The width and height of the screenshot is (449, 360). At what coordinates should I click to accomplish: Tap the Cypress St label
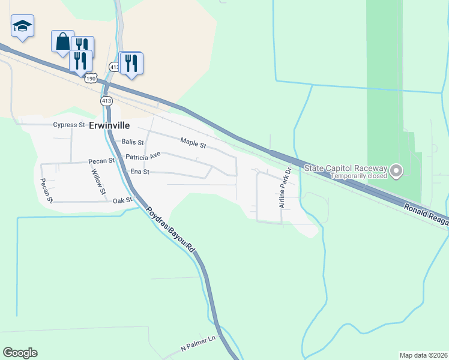69,125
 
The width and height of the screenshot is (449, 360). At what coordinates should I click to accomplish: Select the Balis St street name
133,143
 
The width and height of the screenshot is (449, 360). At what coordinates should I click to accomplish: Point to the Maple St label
193,145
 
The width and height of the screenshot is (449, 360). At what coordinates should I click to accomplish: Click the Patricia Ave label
143,156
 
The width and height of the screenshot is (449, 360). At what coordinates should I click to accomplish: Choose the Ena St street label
139,172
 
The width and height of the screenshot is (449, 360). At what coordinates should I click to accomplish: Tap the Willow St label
98,181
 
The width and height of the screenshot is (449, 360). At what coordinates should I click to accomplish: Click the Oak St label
122,200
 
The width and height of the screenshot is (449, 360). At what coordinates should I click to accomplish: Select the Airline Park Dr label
285,188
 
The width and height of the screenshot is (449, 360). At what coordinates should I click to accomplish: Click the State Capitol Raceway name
345,168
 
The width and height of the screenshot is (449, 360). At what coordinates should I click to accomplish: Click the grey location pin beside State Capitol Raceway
396,172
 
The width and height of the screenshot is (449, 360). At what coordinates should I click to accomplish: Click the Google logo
20,353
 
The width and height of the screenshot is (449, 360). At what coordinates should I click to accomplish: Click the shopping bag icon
62,41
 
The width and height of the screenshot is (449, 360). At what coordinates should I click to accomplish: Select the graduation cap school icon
22,26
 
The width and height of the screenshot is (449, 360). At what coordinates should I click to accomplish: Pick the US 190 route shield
91,79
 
